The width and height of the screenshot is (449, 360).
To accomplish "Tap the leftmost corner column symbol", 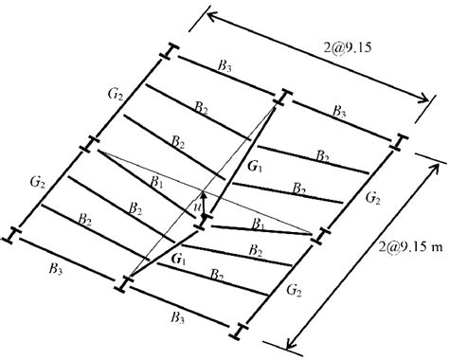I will [13, 231].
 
